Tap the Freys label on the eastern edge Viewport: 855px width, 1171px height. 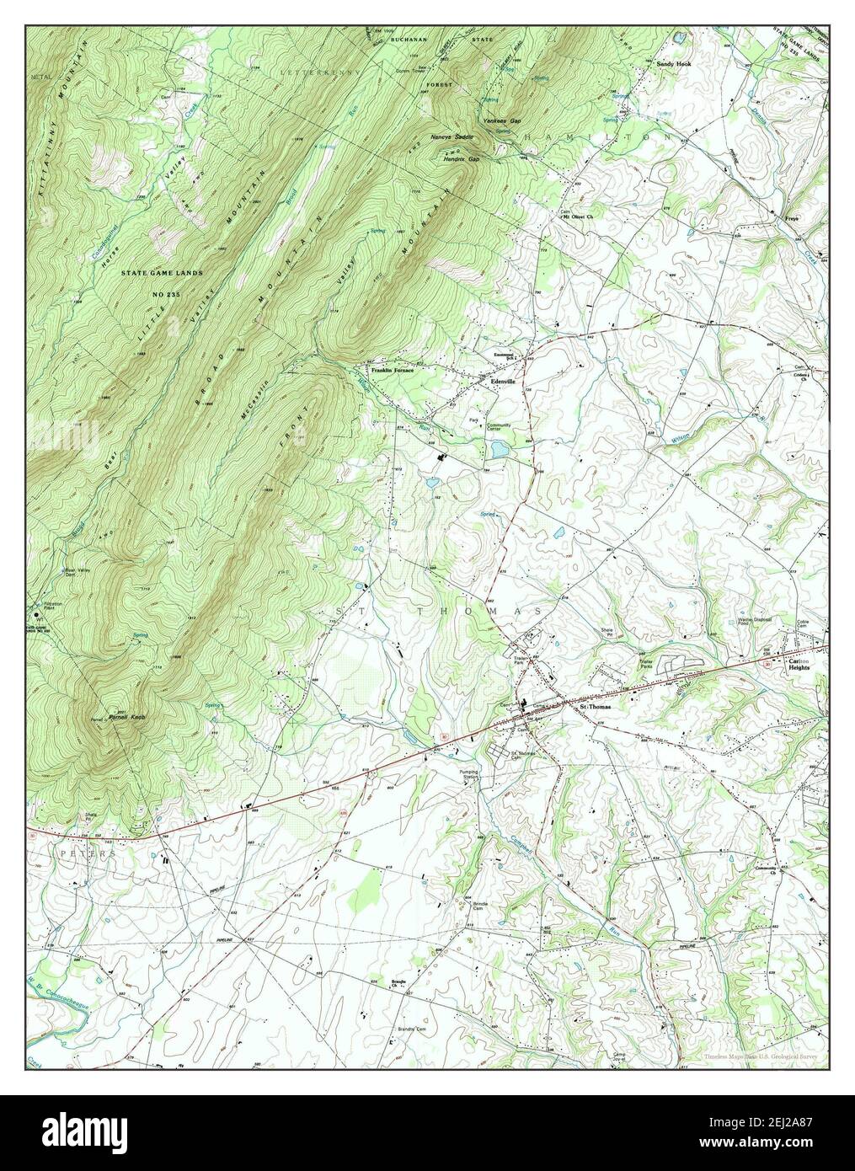click(x=792, y=217)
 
